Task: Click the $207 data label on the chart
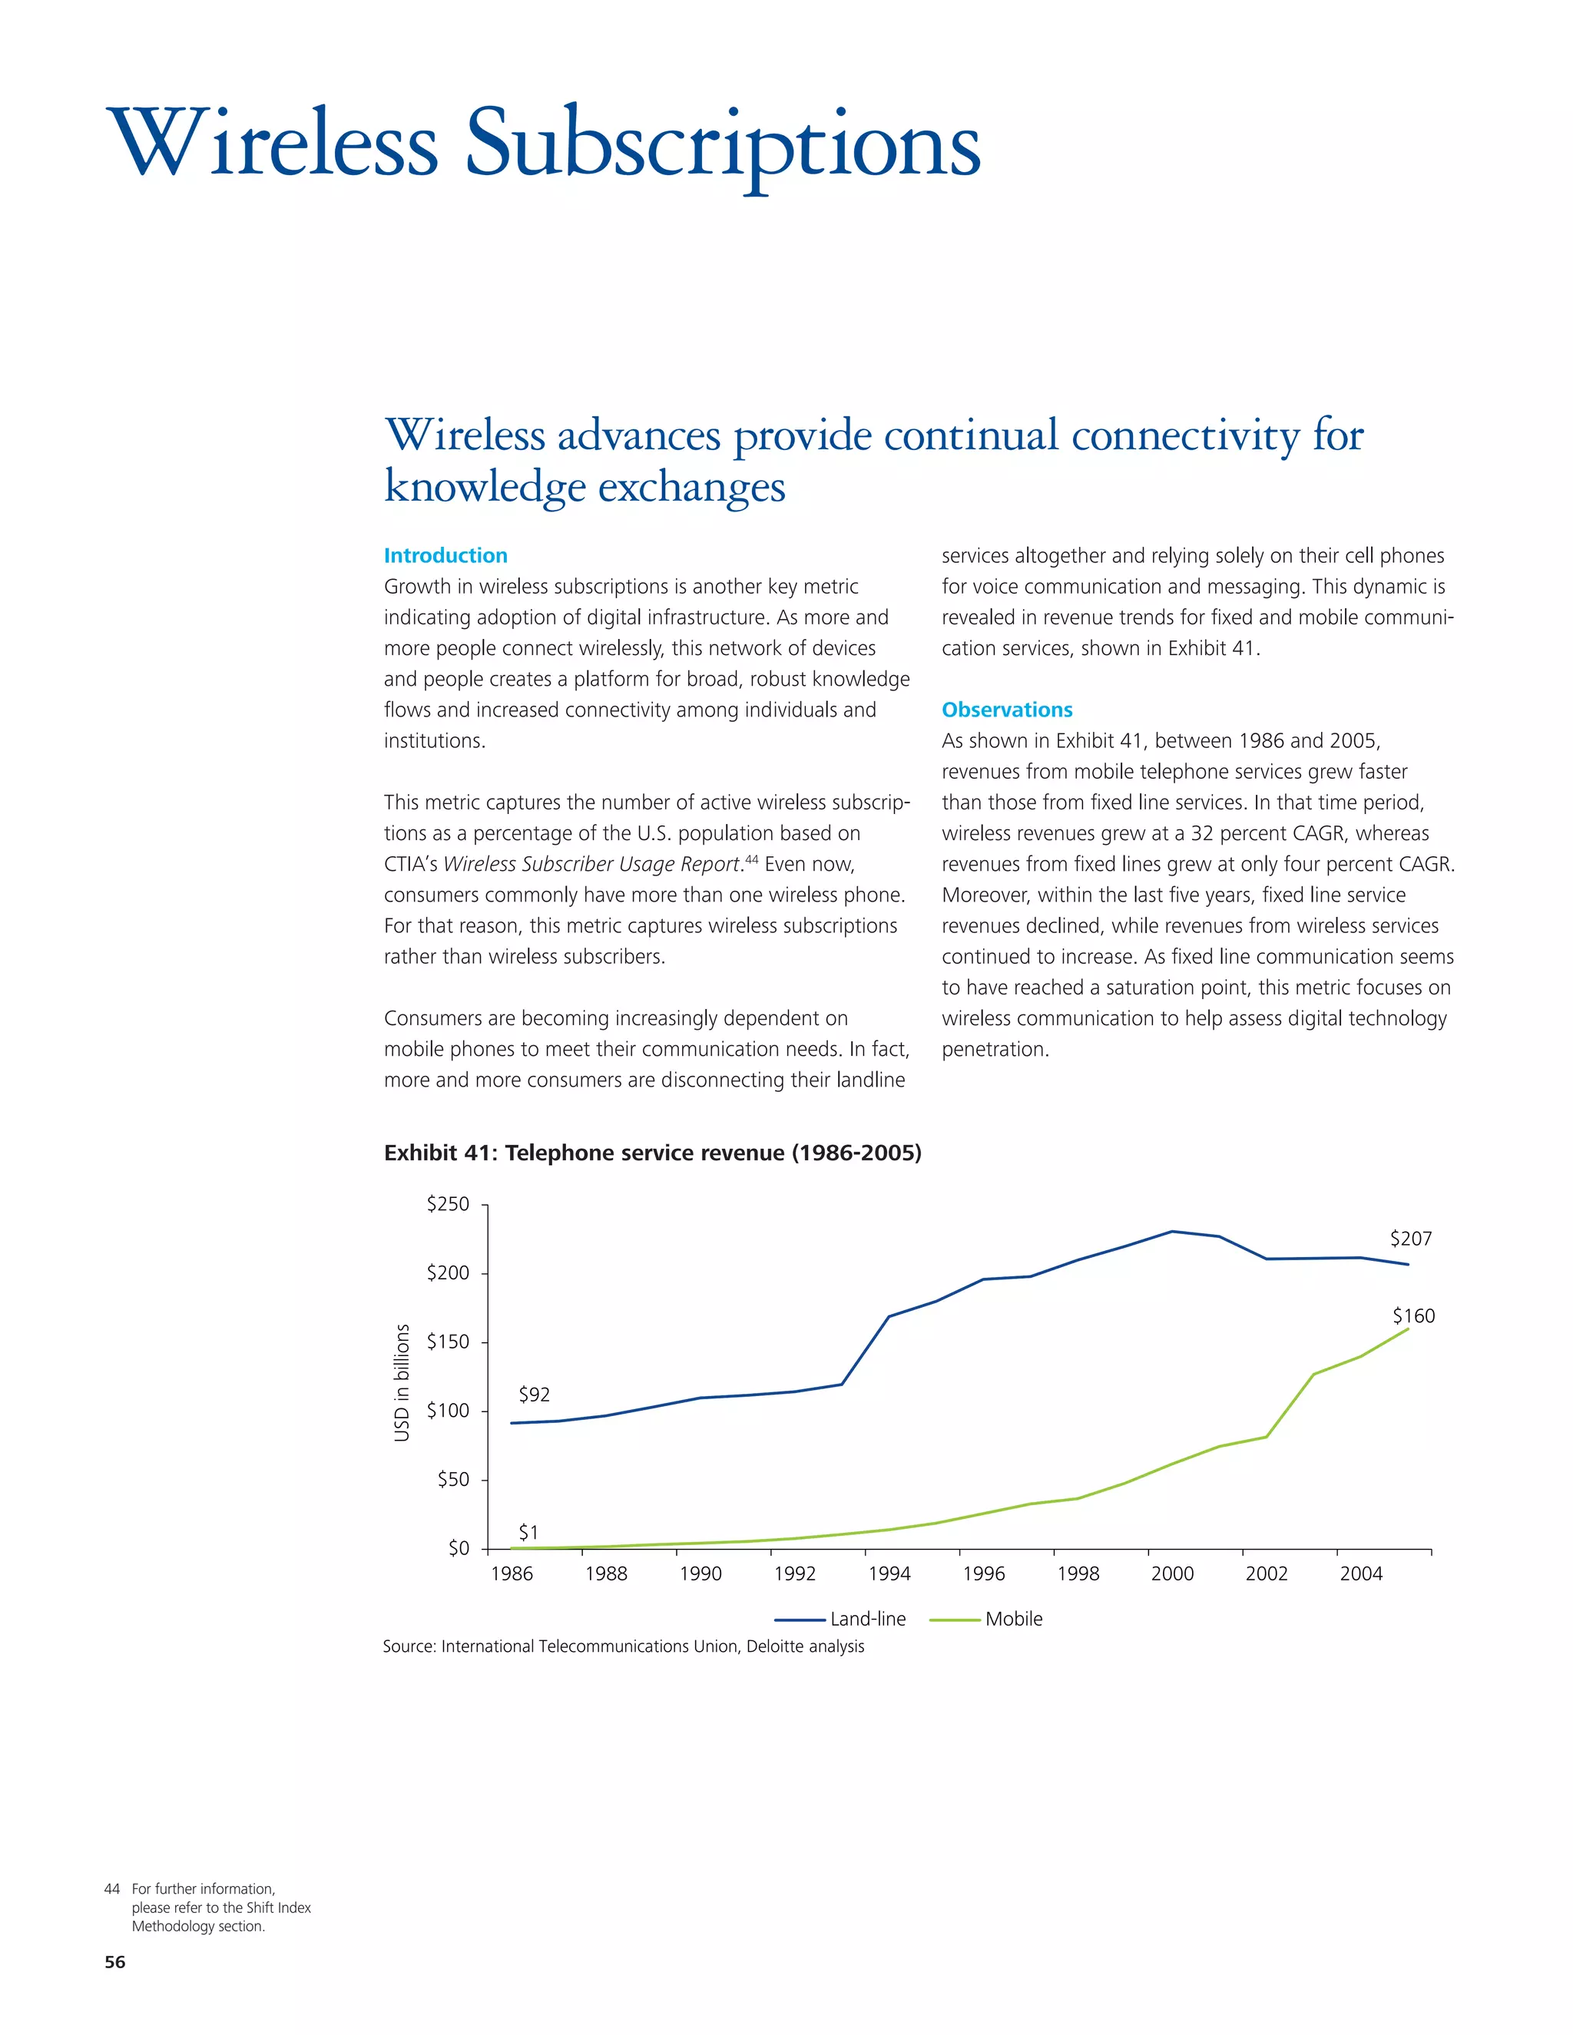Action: coord(1410,1239)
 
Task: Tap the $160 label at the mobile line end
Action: coord(1412,1315)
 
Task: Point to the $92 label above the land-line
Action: coord(534,1394)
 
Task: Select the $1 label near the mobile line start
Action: coord(528,1532)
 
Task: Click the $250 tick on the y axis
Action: coord(449,1204)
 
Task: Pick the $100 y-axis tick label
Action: coord(449,1411)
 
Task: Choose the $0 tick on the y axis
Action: coord(459,1549)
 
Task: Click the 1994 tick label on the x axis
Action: coord(889,1573)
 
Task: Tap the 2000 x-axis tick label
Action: coord(1172,1573)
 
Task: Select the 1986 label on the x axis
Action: coord(512,1573)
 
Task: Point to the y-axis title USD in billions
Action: coord(402,1383)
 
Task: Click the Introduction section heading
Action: coord(445,555)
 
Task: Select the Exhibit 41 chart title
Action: coord(652,1153)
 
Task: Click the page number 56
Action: coord(114,1961)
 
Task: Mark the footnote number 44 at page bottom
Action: coord(112,1889)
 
